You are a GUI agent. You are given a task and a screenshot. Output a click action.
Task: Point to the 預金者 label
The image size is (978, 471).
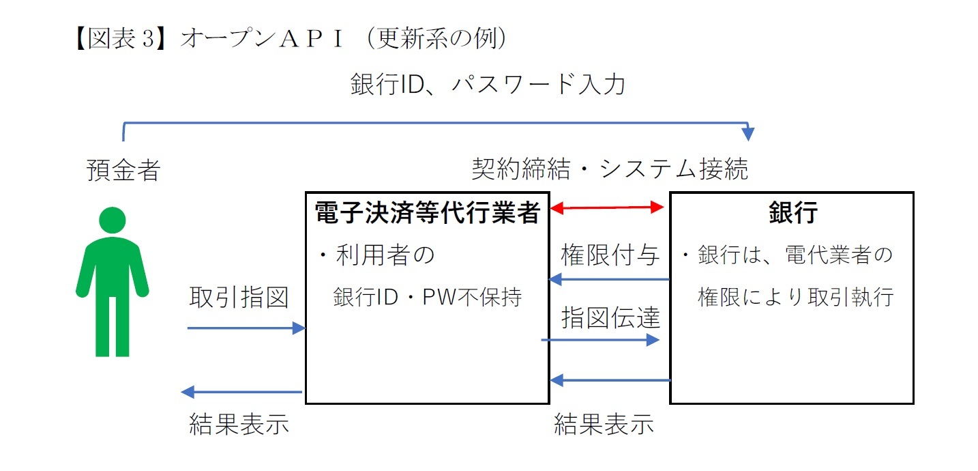click(x=123, y=170)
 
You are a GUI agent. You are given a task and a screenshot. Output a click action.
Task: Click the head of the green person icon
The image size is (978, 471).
click(x=113, y=220)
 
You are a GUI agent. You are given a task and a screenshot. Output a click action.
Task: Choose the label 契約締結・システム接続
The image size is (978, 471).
click(x=610, y=169)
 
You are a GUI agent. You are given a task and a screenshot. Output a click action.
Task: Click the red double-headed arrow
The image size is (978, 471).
click(x=608, y=207)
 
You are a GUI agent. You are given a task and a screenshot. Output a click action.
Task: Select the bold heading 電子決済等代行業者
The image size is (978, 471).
click(x=427, y=214)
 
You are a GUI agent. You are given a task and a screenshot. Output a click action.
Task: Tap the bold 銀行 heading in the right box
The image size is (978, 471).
click(x=792, y=214)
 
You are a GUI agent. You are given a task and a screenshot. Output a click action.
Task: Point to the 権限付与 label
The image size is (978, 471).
click(x=610, y=255)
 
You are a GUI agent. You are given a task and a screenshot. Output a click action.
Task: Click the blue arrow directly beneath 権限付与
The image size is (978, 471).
click(x=610, y=279)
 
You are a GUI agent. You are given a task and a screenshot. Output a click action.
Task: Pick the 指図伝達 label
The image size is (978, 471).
click(x=610, y=317)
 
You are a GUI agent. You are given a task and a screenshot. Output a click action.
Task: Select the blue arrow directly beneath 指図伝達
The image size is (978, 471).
click(x=600, y=339)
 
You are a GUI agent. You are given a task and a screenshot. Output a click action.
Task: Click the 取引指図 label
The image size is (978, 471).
click(x=239, y=298)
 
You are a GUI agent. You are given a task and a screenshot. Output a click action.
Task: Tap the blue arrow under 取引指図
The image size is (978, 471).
click(x=246, y=328)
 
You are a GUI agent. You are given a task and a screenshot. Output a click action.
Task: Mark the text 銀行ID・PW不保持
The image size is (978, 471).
click(x=428, y=298)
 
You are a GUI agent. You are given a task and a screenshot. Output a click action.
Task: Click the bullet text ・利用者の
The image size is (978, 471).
click(x=377, y=256)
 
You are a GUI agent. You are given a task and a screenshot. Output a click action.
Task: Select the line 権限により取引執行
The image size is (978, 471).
click(x=795, y=298)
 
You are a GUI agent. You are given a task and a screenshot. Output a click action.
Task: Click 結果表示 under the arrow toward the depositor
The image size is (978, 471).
click(x=239, y=424)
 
